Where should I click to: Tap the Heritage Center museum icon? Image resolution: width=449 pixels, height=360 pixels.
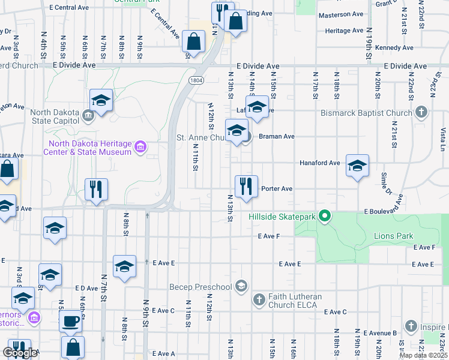140,146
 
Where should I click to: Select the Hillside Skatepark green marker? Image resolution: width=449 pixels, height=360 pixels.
325,215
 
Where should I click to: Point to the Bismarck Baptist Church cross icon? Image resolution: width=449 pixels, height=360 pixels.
421,112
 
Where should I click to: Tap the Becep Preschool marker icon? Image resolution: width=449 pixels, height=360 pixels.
241,286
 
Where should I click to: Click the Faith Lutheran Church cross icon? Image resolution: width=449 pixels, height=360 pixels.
259,299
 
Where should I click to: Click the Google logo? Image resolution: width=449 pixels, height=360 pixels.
20,353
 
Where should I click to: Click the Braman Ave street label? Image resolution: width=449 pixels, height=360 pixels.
276,136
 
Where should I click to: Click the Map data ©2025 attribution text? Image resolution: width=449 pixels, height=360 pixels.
423,356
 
